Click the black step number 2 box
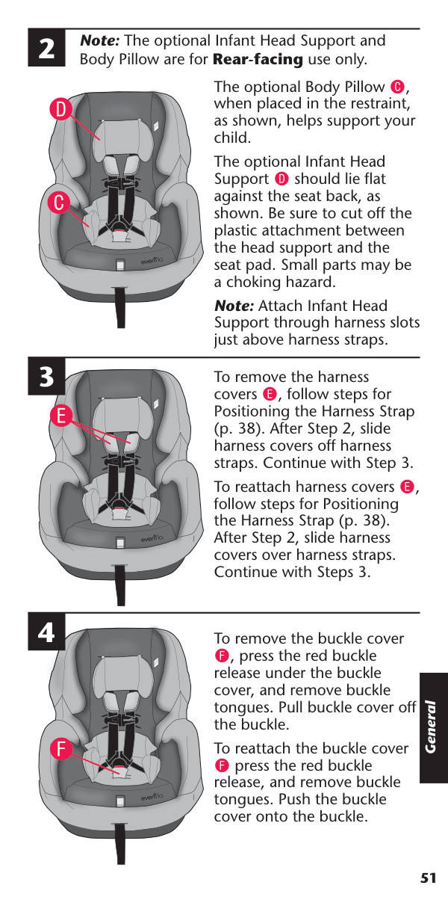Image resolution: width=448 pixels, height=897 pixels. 46,48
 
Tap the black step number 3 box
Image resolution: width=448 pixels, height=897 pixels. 46,377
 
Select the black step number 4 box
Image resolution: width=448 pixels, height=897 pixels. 46,632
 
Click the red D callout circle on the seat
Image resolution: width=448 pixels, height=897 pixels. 60,109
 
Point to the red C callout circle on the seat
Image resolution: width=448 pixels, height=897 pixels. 59,203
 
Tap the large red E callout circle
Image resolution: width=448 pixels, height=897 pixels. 60,416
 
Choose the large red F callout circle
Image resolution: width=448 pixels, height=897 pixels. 60,748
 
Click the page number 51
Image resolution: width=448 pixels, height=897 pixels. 428,878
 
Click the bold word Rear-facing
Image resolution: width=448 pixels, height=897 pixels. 258,59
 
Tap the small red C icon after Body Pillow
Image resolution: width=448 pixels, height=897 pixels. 397,87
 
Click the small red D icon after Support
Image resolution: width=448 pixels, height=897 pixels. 281,179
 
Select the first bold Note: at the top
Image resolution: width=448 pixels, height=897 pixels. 99,40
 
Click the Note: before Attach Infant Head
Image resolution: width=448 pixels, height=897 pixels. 234,306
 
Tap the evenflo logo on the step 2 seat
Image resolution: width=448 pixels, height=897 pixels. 152,261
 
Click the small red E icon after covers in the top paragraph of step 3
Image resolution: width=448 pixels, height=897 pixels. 270,394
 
